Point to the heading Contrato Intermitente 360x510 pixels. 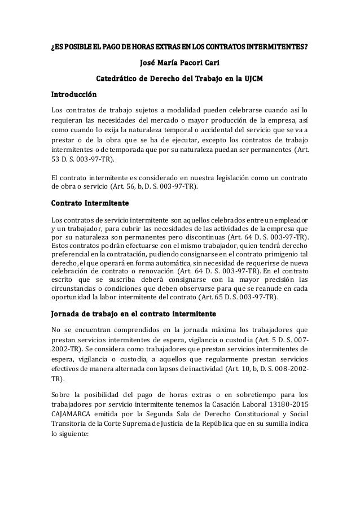click(x=90, y=202)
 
